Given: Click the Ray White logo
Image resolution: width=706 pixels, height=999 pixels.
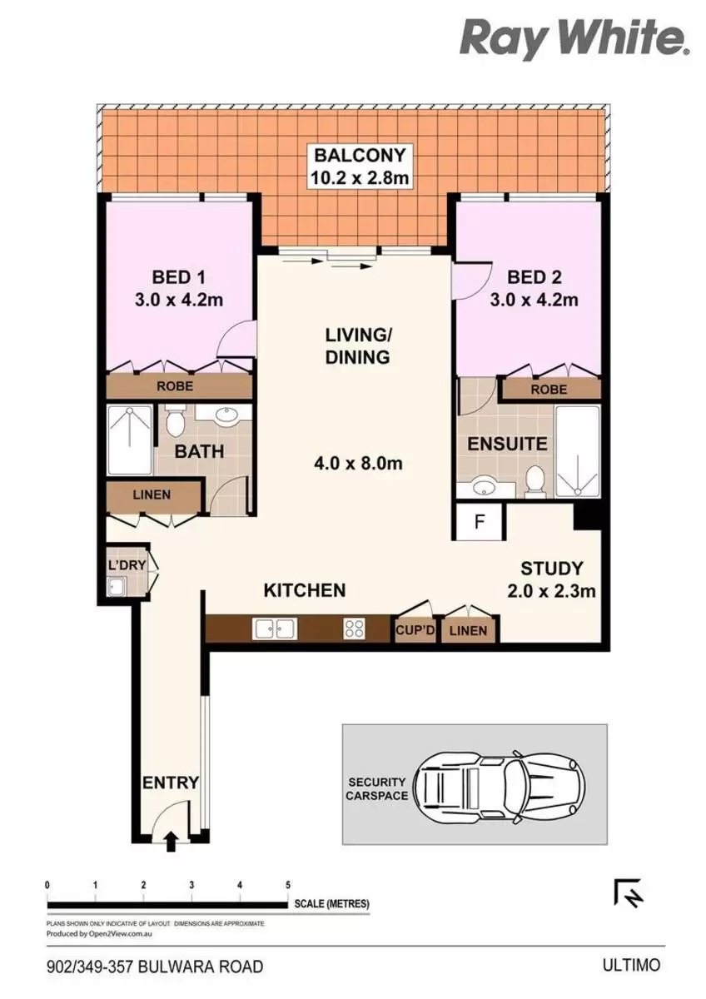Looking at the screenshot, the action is (x=575, y=40).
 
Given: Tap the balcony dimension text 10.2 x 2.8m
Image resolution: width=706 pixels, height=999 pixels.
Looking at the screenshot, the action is (x=360, y=178).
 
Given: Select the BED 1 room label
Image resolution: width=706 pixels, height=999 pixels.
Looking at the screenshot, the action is (x=179, y=277).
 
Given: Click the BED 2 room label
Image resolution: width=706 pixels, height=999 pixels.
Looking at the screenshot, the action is (x=534, y=277).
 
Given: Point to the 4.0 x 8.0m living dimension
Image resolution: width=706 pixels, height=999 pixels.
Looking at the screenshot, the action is (x=358, y=464).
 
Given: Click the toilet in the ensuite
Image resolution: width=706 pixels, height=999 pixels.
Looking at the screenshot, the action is (x=535, y=481).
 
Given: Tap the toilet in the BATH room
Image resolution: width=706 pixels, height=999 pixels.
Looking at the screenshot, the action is (x=175, y=422).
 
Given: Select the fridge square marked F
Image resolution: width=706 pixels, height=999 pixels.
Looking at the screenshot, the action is (x=479, y=522).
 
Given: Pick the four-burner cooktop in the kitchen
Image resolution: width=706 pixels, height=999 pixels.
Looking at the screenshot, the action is (x=355, y=629).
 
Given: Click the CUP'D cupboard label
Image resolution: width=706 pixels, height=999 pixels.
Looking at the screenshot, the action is (x=415, y=630).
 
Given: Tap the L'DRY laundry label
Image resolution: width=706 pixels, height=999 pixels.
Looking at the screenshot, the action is (x=127, y=565).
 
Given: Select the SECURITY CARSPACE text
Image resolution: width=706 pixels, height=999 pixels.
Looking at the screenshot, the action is (x=377, y=789).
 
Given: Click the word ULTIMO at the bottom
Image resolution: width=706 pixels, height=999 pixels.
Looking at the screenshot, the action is (x=631, y=965).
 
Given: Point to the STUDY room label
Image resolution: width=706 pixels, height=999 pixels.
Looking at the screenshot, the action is (x=552, y=568).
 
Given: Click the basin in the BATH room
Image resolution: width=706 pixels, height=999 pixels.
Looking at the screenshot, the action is (x=226, y=415).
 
